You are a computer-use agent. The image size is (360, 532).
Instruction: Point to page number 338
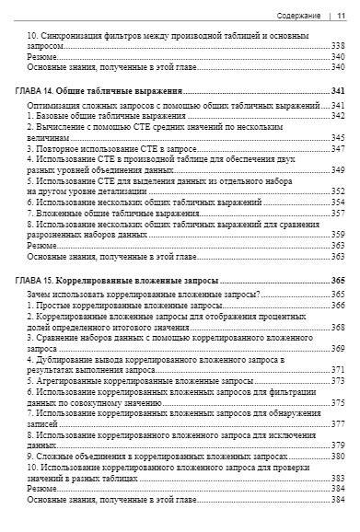pyautogui.click(x=338, y=46)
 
